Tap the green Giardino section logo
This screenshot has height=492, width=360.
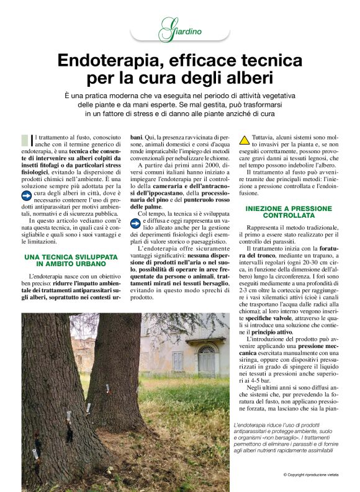[179, 30]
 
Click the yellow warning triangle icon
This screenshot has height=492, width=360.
[245, 140]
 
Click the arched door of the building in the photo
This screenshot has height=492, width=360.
[206, 360]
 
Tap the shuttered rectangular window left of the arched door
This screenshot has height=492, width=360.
[178, 361]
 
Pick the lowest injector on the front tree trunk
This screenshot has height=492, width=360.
[35, 454]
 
